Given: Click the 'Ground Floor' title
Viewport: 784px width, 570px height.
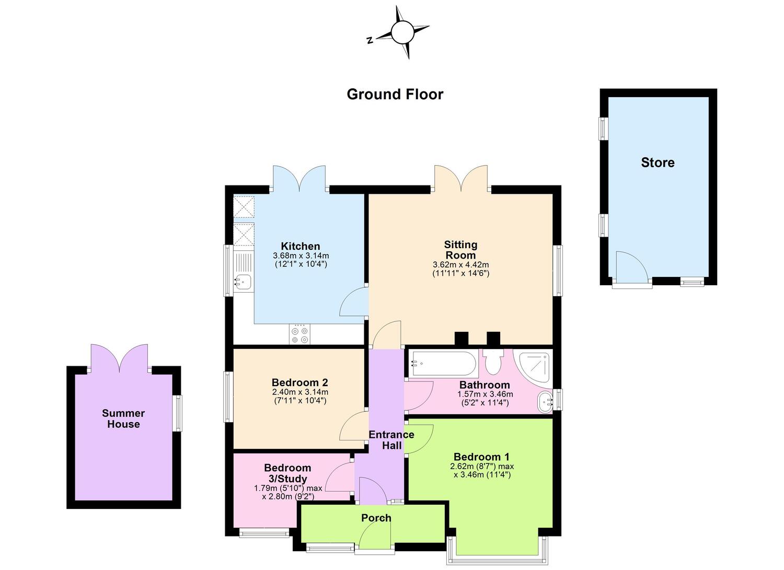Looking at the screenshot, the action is coord(395,95).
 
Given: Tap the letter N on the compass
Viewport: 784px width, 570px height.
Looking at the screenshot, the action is coord(370,40).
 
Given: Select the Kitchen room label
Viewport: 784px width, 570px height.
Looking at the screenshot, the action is coord(301,246).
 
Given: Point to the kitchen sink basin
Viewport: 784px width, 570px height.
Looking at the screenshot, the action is coord(243,282).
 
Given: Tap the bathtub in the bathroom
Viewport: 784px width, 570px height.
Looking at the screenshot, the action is coord(444,364).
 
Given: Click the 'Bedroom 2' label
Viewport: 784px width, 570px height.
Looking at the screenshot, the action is coord(299,382).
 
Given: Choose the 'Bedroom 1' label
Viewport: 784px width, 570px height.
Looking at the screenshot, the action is coord(481,457).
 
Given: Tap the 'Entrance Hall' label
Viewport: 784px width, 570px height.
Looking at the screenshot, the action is coord(391,440).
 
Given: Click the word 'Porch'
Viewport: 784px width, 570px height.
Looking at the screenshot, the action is coord(376,518).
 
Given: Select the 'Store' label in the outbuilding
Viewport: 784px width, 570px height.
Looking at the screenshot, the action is coord(658,162).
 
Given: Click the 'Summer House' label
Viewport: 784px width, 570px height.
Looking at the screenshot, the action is coord(123,418).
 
